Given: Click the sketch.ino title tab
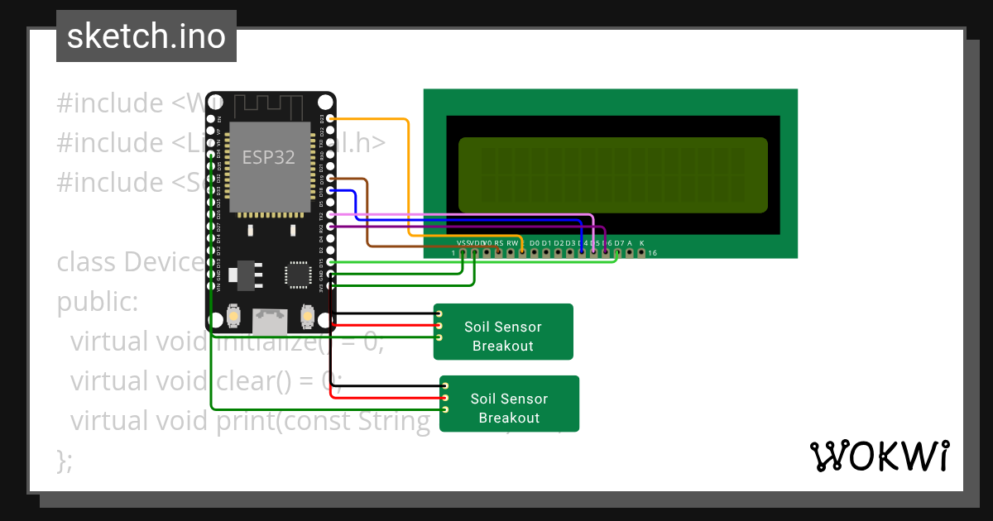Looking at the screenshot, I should tap(146, 36).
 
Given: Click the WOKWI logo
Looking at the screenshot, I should tap(879, 456).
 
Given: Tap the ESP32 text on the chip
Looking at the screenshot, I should tap(268, 157).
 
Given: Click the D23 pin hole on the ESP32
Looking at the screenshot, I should tap(331, 120).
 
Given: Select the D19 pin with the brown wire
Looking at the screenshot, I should tap(331, 179).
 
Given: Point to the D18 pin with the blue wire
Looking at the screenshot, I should tap(331, 191).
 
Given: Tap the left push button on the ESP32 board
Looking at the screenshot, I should tap(235, 316).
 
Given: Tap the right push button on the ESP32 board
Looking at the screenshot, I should tap(307, 316).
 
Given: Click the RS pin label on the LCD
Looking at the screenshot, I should tap(499, 243).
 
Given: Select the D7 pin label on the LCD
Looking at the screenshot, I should tap(618, 243).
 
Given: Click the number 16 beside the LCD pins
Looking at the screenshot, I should tap(652, 252).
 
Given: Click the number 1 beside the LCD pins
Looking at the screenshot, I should tap(454, 252).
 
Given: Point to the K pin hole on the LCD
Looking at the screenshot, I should tap(641, 252).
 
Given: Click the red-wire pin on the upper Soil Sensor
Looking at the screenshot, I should tap(439, 326).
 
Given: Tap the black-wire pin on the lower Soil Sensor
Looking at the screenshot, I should tap(445, 386).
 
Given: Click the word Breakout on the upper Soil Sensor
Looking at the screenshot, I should tap(502, 346).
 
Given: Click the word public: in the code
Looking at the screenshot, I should tap(98, 302).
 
